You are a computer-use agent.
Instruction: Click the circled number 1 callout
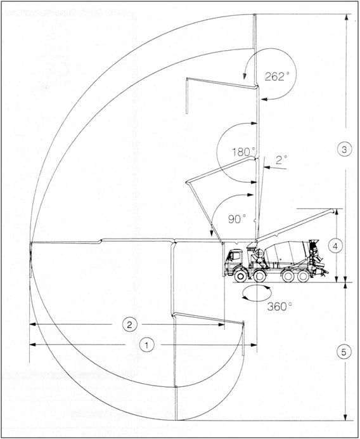tap(147, 345)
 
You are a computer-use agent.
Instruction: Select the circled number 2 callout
tap(129, 325)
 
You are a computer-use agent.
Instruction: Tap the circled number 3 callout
tap(344, 149)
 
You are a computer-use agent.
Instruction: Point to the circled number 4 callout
tap(335, 246)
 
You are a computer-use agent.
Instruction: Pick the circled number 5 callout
tap(344, 352)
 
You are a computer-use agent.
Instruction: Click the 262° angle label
tap(277, 76)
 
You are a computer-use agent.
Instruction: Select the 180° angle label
tap(243, 152)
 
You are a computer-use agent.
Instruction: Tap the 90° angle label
tap(237, 219)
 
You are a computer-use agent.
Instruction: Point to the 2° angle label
tap(281, 160)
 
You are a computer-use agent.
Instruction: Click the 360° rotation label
tap(280, 306)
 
